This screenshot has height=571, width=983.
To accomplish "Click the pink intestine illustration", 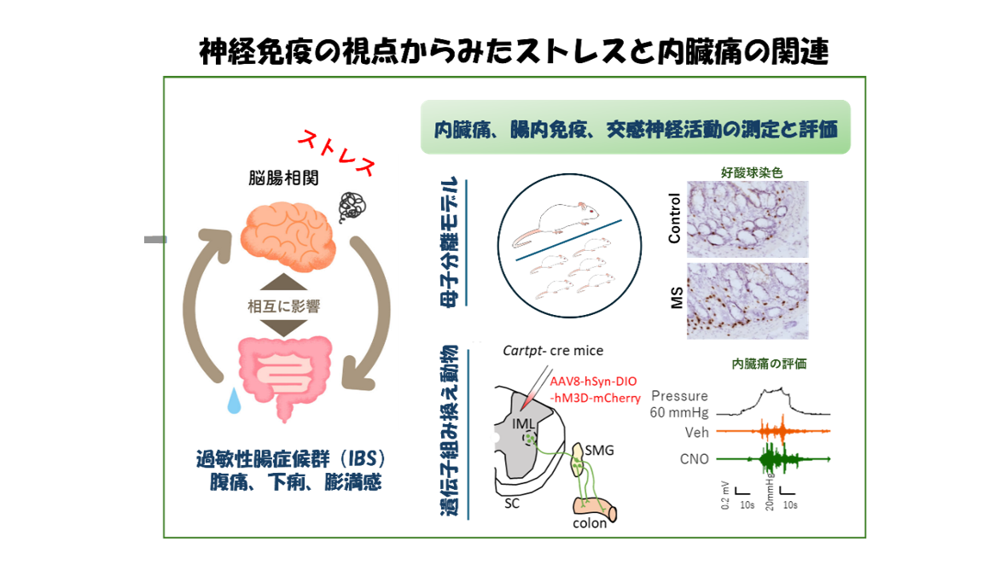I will click(285, 376).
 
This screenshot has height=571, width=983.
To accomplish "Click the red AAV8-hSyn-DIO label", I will click(594, 382).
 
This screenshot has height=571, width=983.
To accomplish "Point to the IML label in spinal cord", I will click(523, 423).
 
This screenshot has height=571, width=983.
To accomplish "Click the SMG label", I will click(597, 450).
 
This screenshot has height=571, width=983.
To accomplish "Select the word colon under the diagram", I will click(590, 522).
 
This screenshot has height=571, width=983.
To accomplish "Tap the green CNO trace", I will click(777, 459).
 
